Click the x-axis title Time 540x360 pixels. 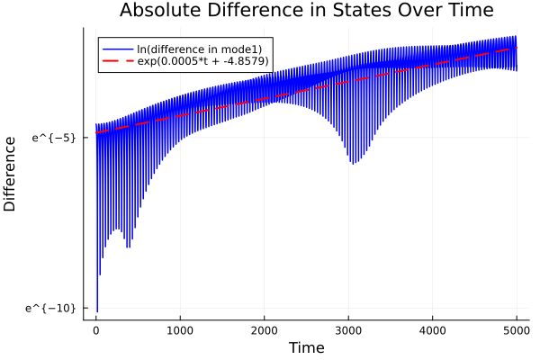pos(306,347)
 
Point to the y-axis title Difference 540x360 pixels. pos(11,174)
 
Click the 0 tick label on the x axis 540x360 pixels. pos(96,330)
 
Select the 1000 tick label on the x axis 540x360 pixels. pos(180,330)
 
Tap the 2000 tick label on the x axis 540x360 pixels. pos(265,330)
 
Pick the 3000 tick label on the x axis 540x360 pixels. pos(348,330)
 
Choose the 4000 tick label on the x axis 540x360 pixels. pos(433,330)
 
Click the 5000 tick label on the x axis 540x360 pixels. pos(517,330)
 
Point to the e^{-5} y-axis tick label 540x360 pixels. pos(55,138)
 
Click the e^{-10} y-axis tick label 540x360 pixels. pos(52,309)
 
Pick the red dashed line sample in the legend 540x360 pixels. pos(117,61)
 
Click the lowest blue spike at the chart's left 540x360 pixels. pos(97,310)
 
